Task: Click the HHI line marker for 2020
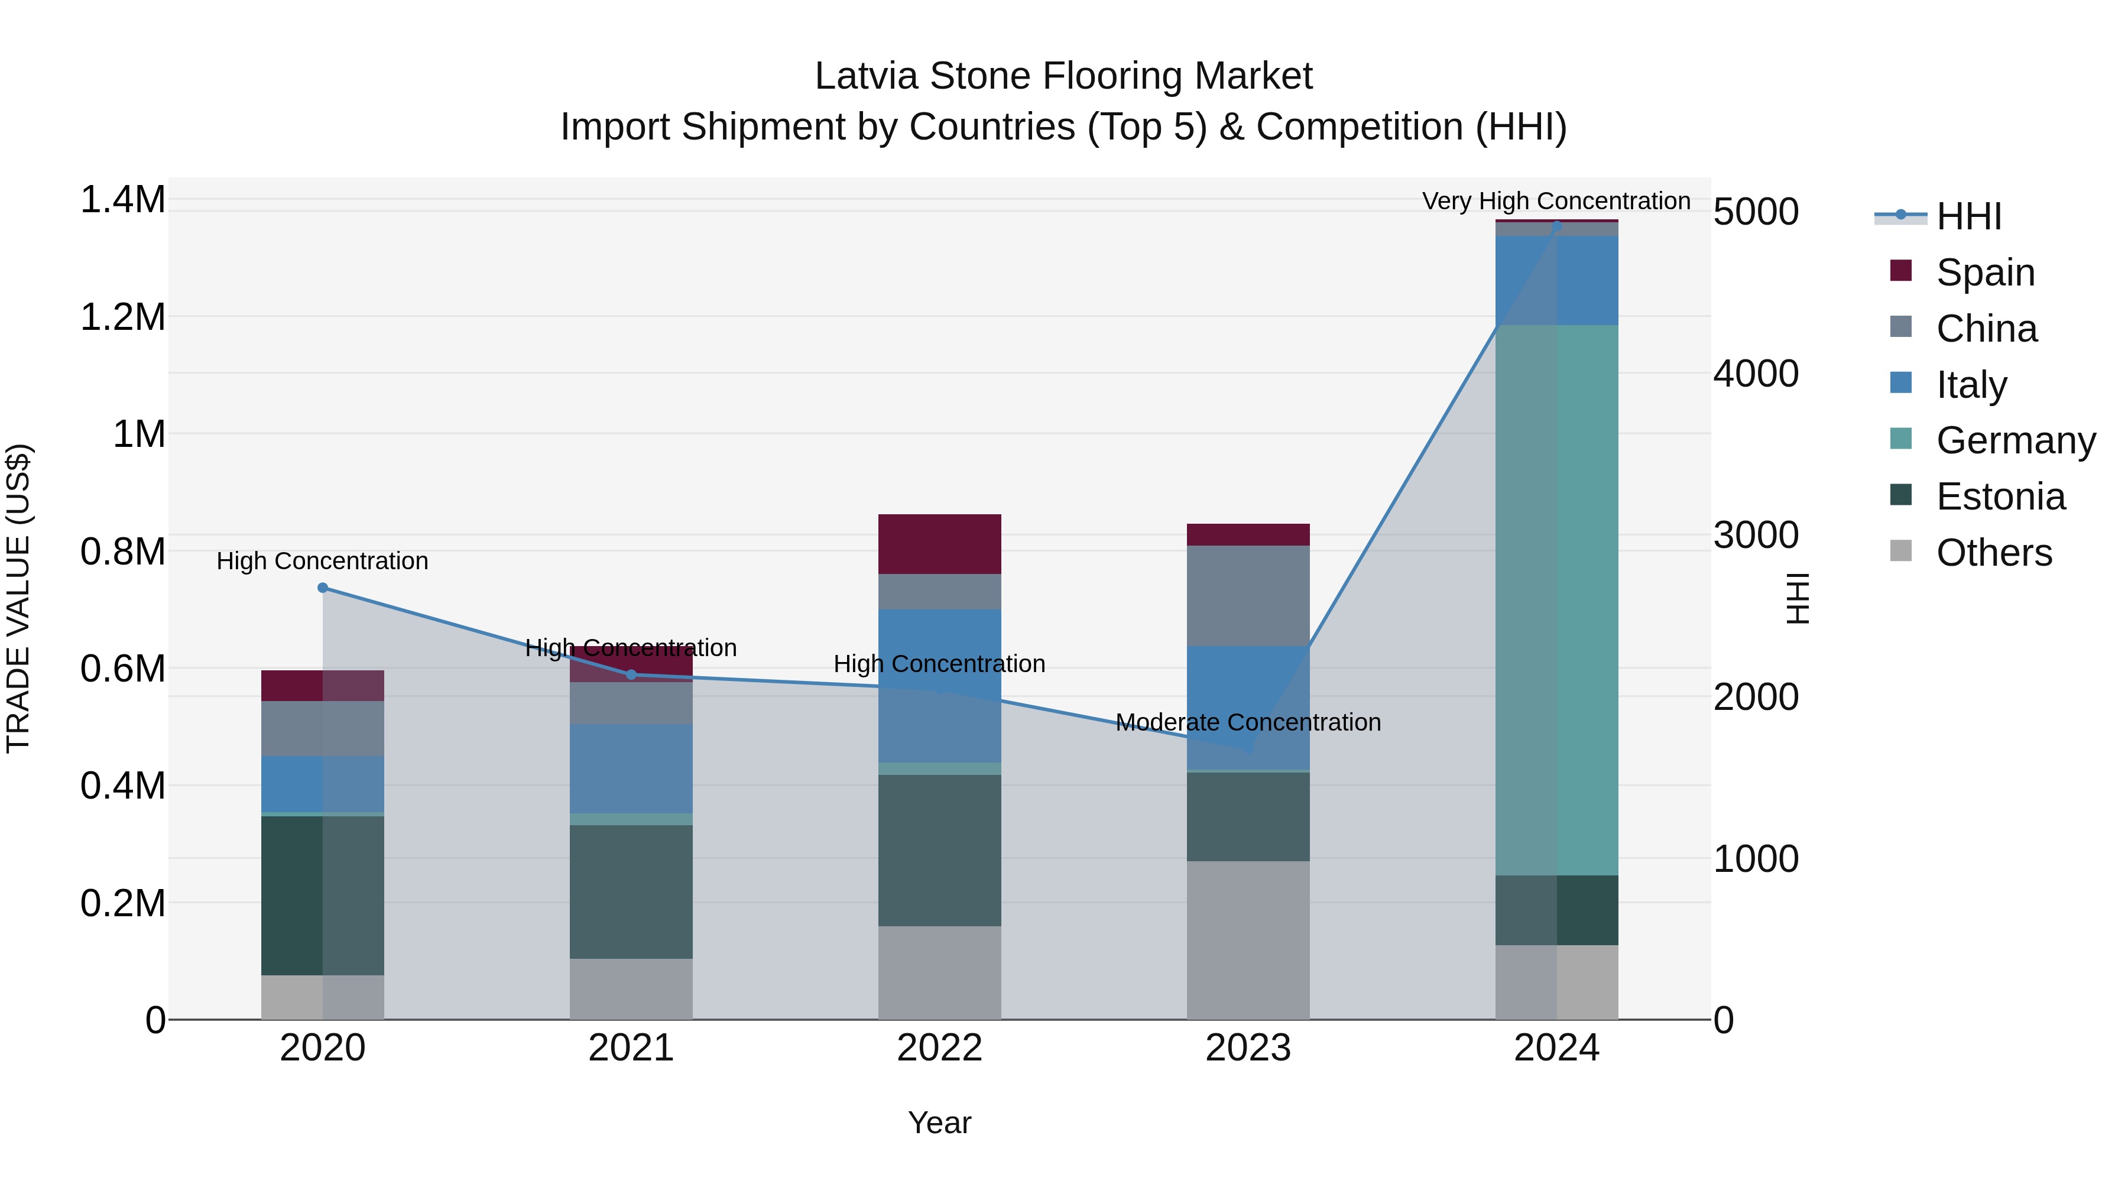[x=322, y=588]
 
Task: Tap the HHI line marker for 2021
[x=631, y=675]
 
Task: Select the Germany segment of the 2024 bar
[x=1556, y=600]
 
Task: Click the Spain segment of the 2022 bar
[x=939, y=544]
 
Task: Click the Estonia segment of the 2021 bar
[x=631, y=891]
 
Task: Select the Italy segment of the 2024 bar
[x=1556, y=280]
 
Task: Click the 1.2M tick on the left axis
[x=122, y=317]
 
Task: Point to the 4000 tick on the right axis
[x=1756, y=374]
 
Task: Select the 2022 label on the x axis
[x=939, y=1047]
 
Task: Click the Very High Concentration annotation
[x=1556, y=201]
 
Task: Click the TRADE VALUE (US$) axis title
[x=18, y=598]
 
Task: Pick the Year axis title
[x=939, y=1123]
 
